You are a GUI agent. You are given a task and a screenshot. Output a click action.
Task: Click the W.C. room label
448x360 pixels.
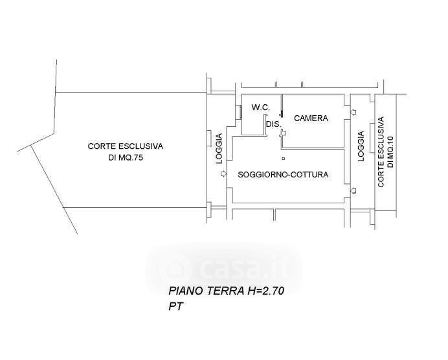click(260, 107)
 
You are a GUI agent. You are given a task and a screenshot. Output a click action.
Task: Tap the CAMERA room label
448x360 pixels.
click(311, 118)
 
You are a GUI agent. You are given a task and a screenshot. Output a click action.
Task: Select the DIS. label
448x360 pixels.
click(274, 124)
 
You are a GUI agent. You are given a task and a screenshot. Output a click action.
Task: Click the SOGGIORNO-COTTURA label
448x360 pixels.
click(283, 175)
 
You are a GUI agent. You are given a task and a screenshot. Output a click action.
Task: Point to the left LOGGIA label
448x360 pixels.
click(219, 148)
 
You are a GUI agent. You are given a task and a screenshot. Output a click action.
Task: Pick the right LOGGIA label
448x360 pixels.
click(361, 146)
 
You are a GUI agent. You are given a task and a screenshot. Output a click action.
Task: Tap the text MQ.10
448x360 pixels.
click(390, 152)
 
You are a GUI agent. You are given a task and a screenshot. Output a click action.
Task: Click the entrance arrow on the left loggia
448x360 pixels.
click(224, 174)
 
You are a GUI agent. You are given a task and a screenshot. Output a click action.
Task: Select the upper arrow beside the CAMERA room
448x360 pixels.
click(353, 112)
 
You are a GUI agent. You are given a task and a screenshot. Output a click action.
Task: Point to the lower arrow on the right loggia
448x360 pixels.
click(353, 190)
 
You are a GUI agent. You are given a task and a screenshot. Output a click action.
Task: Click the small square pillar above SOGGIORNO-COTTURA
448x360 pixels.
click(283, 158)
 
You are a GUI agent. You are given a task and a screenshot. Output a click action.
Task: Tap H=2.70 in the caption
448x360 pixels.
click(265, 291)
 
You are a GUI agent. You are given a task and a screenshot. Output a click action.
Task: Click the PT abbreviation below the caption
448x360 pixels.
click(175, 306)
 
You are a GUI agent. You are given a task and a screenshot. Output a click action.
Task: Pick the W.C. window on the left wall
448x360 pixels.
click(240, 112)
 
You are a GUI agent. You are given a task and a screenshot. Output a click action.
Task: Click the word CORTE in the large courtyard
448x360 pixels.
click(101, 146)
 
